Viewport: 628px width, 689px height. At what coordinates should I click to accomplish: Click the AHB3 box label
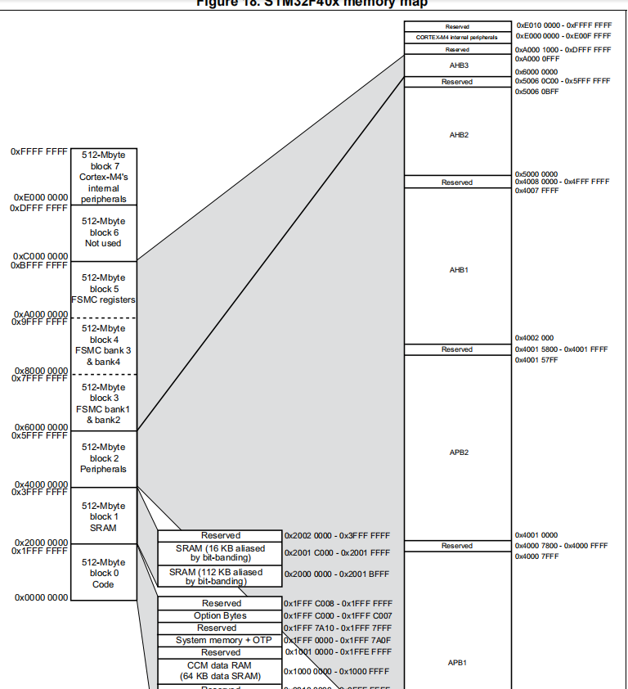459,65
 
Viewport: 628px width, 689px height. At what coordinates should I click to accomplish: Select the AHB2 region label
459,135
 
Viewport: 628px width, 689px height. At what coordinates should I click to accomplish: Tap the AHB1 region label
459,269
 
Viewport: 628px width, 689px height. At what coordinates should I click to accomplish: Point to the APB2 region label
459,452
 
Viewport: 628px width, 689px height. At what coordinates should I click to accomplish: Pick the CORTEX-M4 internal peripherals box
456,37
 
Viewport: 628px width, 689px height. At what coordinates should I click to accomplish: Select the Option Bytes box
220,615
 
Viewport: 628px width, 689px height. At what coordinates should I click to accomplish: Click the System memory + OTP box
220,640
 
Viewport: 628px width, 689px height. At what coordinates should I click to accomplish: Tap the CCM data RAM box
220,670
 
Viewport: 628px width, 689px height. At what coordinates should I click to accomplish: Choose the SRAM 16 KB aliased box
220,552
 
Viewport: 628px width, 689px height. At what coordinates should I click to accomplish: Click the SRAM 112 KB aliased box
220,576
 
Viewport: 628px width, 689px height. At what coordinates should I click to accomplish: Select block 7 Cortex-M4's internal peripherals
103,177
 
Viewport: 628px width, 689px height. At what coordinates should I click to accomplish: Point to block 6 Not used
103,232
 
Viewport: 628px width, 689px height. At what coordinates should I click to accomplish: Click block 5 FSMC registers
103,289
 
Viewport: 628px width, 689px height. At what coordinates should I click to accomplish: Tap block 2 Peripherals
103,458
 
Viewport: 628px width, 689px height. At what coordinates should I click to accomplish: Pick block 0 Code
103,573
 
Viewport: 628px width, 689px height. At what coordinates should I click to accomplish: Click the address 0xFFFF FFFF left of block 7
39,152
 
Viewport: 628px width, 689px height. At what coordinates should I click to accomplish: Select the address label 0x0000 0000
41,598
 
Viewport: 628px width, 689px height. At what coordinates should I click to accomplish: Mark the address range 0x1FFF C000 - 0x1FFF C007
338,615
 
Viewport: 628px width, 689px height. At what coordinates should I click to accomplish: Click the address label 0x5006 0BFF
536,92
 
